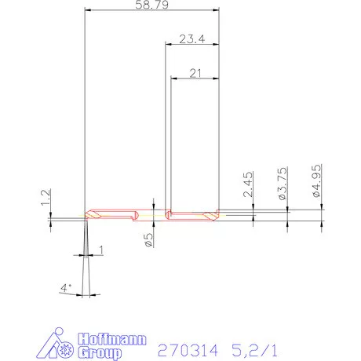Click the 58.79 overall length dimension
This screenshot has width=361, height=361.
point(151,5)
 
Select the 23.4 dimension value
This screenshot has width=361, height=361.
point(191,38)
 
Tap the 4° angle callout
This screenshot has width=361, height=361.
point(66,288)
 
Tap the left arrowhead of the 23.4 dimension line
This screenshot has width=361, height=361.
point(168,45)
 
